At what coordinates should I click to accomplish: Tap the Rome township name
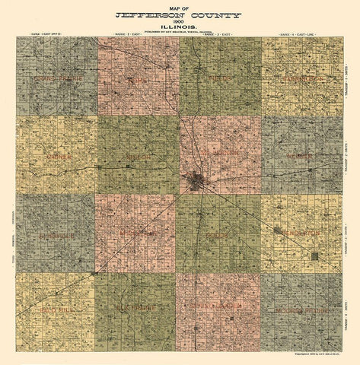point(138,78)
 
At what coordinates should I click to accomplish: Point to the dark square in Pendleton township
point(314,256)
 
